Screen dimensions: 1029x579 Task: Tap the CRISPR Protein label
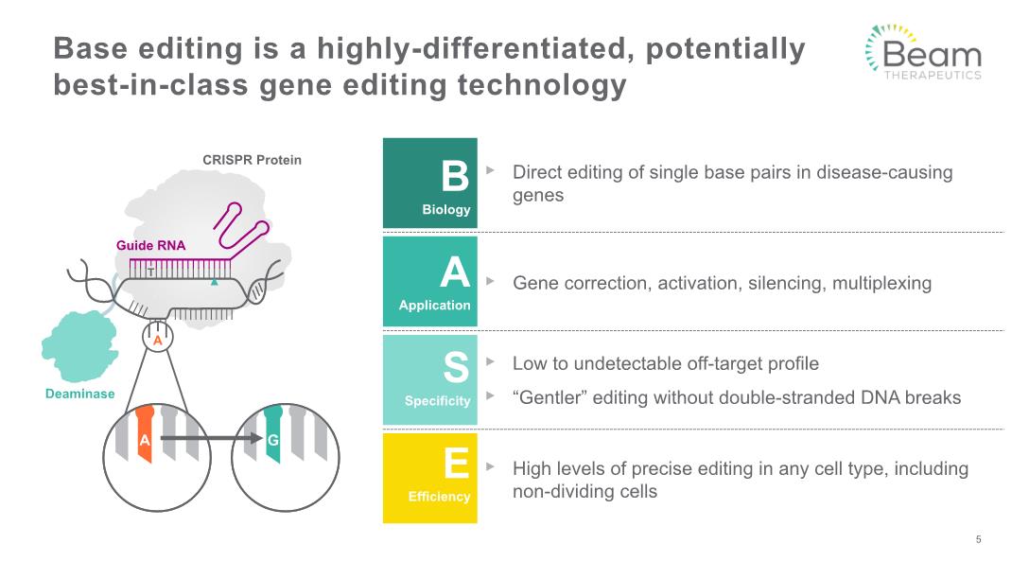point(252,160)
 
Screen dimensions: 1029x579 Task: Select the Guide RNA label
point(151,246)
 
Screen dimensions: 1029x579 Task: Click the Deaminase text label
point(80,394)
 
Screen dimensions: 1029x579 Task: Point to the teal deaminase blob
point(78,346)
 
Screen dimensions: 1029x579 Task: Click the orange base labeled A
point(145,434)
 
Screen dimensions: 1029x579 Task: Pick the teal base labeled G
point(273,434)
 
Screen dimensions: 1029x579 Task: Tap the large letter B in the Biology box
point(455,176)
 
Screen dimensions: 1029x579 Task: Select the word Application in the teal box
point(434,306)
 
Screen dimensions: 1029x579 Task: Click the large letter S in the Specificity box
point(456,367)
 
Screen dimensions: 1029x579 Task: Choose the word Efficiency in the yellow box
point(439,497)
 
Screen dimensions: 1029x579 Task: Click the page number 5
point(979,539)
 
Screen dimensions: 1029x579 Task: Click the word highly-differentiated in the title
point(476,49)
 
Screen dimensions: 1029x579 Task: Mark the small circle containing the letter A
point(158,338)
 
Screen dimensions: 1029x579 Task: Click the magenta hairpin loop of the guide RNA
point(240,225)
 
